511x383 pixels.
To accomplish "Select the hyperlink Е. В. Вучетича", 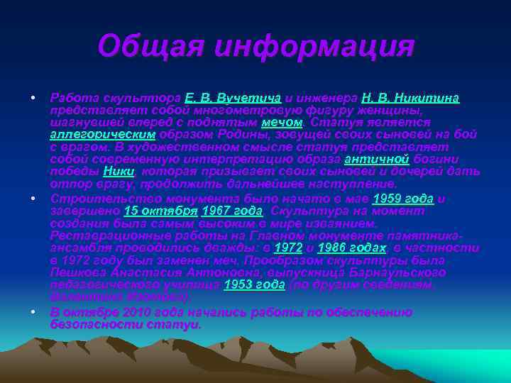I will point(233,99).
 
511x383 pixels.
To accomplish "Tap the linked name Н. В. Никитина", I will point(410,99).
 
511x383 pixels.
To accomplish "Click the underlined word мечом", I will point(282,123).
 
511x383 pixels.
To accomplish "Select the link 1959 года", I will point(402,198).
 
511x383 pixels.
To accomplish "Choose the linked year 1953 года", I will point(254,285).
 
